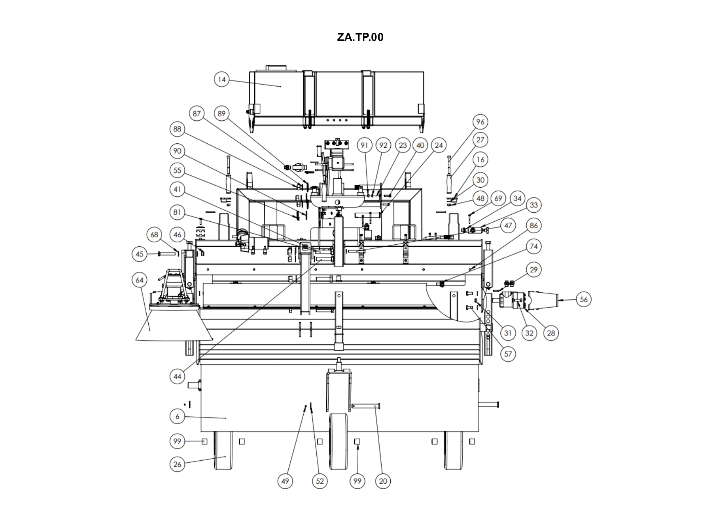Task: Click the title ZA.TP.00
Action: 360,37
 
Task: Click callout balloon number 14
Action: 222,79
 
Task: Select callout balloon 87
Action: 197,113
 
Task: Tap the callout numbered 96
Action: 480,122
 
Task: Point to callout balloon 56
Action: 584,299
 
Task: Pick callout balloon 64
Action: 140,280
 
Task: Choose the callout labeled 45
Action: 140,254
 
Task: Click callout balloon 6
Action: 177,416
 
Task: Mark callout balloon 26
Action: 177,464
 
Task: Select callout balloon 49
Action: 285,481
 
